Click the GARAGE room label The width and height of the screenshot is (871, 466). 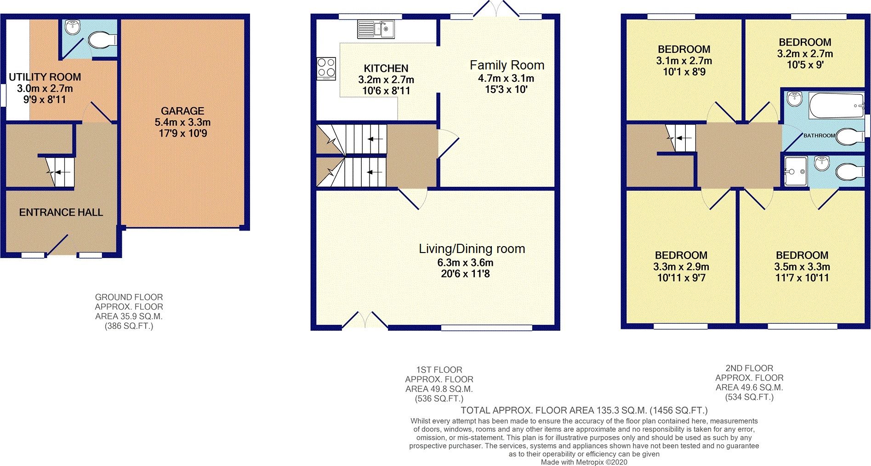[x=182, y=111]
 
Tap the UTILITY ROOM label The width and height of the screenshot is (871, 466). [x=45, y=77]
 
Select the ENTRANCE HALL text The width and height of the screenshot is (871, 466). [x=61, y=213]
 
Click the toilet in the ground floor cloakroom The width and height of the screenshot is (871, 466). [x=102, y=40]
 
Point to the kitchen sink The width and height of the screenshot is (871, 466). [x=376, y=29]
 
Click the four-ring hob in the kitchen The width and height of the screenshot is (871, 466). [x=326, y=68]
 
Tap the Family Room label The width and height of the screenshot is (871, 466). [x=507, y=65]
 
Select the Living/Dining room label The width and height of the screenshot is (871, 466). [x=472, y=249]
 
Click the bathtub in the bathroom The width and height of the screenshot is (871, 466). [x=836, y=106]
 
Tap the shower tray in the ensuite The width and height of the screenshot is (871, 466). [x=796, y=171]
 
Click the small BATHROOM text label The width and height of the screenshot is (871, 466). [x=819, y=136]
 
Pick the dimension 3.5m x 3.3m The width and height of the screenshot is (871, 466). [x=802, y=267]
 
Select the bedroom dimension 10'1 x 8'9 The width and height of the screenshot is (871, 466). [x=683, y=72]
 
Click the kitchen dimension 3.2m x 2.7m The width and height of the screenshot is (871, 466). [x=386, y=80]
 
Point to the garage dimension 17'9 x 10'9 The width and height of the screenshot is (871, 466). [x=182, y=133]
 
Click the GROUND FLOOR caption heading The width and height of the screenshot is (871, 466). [x=129, y=297]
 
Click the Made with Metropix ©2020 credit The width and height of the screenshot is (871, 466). [x=584, y=462]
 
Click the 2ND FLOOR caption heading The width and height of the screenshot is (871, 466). [x=749, y=368]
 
